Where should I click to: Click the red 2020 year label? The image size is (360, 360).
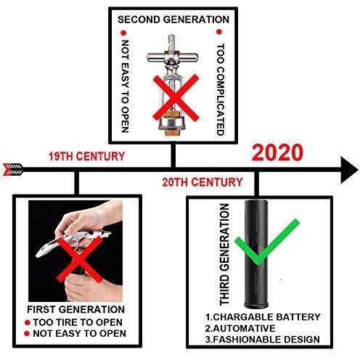277,152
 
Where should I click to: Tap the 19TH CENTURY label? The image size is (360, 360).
87,156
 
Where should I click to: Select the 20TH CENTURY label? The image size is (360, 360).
202,182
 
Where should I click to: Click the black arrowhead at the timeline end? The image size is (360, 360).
349,170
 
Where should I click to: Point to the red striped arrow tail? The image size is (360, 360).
13,169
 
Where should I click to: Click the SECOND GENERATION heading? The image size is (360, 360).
173,20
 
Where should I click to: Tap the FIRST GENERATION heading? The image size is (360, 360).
76,309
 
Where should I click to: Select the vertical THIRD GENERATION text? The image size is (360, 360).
224,254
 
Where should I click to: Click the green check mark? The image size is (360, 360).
267,242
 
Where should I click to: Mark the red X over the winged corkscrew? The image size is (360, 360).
176,98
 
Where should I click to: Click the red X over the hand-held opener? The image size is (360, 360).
80,259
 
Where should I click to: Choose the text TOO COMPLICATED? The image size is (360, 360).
220,89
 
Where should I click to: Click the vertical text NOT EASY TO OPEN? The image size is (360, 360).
125,86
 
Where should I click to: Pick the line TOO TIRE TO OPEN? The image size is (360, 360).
78,322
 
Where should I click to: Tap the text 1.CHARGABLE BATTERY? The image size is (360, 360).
263,317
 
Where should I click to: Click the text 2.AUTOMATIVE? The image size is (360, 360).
240,328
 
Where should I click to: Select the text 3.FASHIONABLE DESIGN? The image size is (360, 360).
263,339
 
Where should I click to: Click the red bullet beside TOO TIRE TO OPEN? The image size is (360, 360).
28,322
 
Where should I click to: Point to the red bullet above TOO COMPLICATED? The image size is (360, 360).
219,32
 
